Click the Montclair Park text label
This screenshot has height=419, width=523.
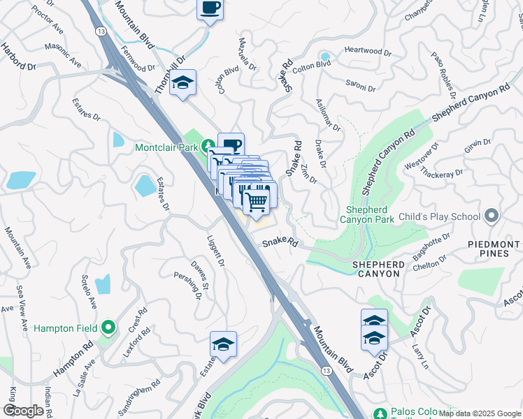[x=167, y=147]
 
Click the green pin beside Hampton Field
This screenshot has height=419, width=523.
[x=108, y=327]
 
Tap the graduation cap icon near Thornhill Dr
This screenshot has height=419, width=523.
[x=183, y=84]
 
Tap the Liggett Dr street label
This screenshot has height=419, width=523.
[x=215, y=251]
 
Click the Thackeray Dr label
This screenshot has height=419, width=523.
[x=444, y=172]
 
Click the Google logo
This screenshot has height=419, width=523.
[x=24, y=411]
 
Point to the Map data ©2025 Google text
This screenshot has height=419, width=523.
[x=480, y=413]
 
